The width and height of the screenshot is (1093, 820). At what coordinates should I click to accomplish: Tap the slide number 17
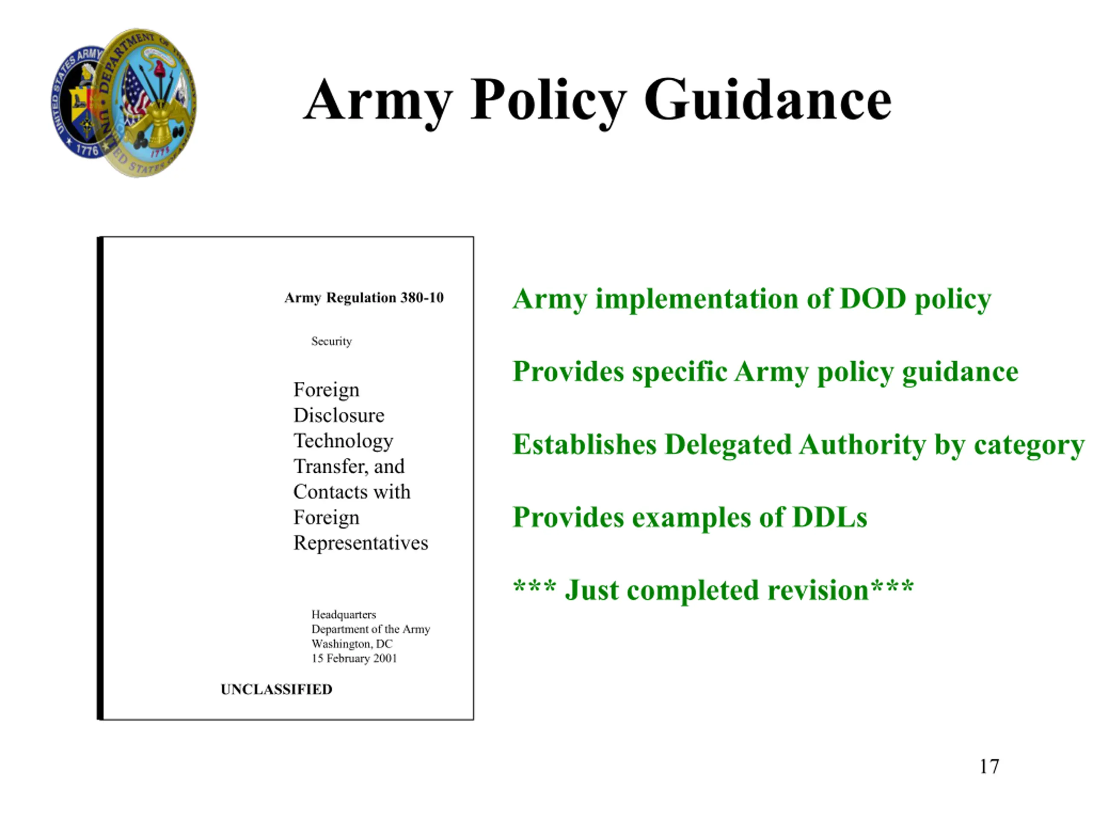pos(989,766)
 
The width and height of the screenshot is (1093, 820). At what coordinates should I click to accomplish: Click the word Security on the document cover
pos(332,341)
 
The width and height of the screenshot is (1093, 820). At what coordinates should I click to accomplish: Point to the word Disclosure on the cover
pos(339,415)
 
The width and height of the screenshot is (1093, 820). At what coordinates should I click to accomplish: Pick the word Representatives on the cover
pos(361,543)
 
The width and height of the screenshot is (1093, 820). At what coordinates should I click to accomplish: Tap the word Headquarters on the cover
pos(343,615)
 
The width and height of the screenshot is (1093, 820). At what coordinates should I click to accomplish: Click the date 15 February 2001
pos(354,659)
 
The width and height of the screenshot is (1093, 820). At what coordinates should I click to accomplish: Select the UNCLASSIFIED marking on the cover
pos(276,689)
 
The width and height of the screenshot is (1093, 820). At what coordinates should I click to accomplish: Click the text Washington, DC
pos(352,644)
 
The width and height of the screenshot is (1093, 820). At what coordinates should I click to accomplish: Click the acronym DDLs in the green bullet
pos(830,518)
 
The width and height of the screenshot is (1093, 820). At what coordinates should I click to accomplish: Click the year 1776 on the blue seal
pos(88,149)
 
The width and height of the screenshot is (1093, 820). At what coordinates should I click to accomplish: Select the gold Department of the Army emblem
pos(148,102)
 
